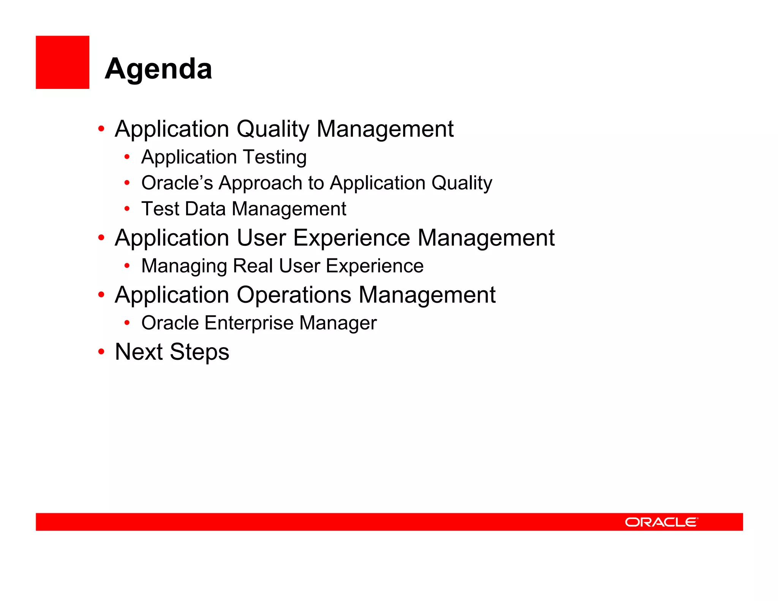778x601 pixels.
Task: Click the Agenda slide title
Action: pos(158,69)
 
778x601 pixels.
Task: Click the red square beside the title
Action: pos(62,62)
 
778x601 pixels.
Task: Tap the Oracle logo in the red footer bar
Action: pos(661,522)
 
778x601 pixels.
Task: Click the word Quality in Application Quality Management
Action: pos(273,129)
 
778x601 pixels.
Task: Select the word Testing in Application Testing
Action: pos(275,158)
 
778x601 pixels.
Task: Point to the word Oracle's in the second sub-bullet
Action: pos(177,183)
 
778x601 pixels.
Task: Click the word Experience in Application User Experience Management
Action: pos(351,239)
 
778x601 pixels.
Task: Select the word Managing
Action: pos(184,266)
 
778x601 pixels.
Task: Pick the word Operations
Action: pos(294,295)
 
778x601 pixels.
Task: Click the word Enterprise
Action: pos(249,323)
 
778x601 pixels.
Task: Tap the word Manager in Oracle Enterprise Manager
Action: pos(338,323)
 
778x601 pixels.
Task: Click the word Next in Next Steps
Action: pos(139,352)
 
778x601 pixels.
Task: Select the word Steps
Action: pos(199,353)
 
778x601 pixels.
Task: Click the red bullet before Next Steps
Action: pos(101,351)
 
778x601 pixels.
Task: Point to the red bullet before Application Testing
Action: pos(127,157)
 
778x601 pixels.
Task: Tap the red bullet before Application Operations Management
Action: pos(101,294)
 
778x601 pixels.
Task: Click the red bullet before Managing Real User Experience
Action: pos(127,266)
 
